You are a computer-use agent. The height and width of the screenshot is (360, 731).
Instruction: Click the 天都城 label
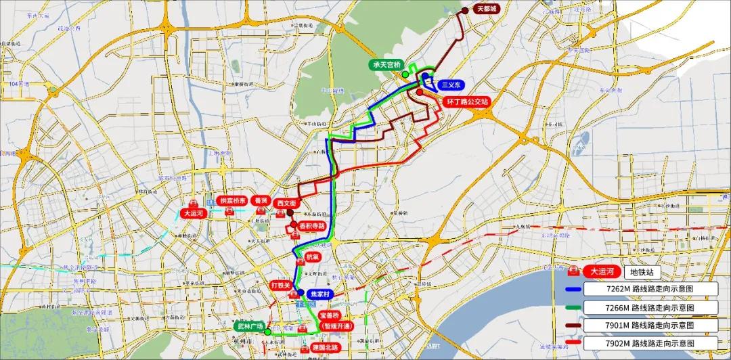coord(486,9)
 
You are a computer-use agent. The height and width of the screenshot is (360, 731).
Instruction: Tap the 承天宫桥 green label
coord(383,65)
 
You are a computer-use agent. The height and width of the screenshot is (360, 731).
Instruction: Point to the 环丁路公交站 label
coord(467,102)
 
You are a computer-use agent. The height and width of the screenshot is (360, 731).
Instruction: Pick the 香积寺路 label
coord(312,225)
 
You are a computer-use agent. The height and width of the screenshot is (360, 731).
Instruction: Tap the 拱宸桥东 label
coord(231,201)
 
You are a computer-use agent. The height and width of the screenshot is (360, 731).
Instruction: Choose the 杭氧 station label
coord(312,258)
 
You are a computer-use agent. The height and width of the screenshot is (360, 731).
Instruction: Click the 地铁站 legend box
coord(640,271)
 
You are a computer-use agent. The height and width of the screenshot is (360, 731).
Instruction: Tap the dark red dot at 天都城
coord(466,10)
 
